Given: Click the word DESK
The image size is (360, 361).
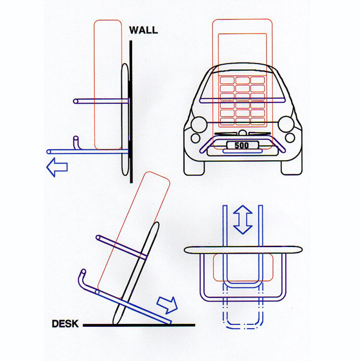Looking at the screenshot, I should [x=65, y=324].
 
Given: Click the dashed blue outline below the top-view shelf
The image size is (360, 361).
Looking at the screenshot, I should [x=243, y=312].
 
